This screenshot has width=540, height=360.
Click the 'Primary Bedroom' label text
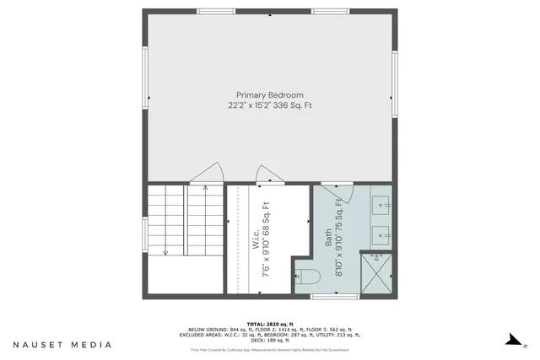pos(269,95)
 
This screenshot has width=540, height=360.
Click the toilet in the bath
pos(306,275)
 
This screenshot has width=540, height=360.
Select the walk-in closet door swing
pos(267,175)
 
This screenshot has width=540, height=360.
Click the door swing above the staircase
pos(206,175)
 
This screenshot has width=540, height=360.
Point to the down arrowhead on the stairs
pos(166,250)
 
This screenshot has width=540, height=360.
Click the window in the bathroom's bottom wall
pos(335,295)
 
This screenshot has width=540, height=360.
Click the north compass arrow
pos(510,340)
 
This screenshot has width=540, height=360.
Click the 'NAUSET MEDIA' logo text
pos(62,344)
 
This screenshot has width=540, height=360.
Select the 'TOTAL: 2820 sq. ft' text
pos(269,324)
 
